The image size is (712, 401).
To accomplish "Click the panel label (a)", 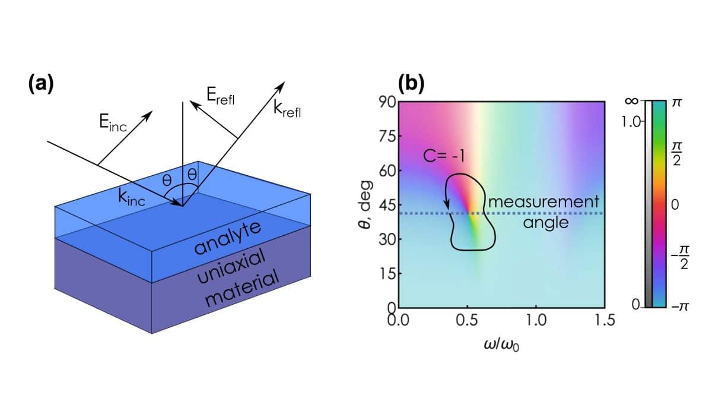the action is [41, 84].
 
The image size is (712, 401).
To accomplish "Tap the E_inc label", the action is [113, 122].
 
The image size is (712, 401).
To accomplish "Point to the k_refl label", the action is [287, 109].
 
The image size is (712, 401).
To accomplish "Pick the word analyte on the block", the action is [228, 238].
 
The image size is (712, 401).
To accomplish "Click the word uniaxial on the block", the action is [231, 266].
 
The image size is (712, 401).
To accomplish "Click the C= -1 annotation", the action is [444, 156].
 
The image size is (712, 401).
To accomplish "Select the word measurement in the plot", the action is [543, 202].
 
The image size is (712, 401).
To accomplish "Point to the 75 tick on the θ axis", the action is [387, 137].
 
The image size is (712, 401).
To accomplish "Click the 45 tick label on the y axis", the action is [387, 206].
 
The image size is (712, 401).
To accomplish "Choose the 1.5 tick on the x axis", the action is [605, 320].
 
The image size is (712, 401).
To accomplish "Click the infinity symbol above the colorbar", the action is [631, 101].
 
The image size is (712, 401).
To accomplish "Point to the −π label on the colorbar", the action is [679, 307].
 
